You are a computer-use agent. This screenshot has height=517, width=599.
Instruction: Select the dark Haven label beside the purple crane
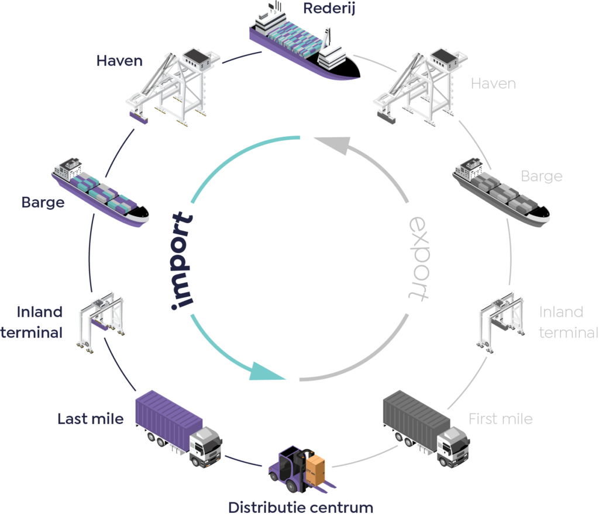119,60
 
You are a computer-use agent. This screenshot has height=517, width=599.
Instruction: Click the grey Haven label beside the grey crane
493,84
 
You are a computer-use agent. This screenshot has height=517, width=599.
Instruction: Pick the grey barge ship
501,193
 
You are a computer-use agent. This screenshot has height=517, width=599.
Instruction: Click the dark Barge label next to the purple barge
43,203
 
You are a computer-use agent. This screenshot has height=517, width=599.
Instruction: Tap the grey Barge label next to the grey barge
541,176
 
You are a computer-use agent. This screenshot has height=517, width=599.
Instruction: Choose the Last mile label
90,419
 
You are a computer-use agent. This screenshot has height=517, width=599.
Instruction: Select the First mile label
500,419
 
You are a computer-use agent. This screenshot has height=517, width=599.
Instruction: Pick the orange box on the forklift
318,470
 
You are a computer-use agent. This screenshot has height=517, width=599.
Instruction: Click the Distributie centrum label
300,507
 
